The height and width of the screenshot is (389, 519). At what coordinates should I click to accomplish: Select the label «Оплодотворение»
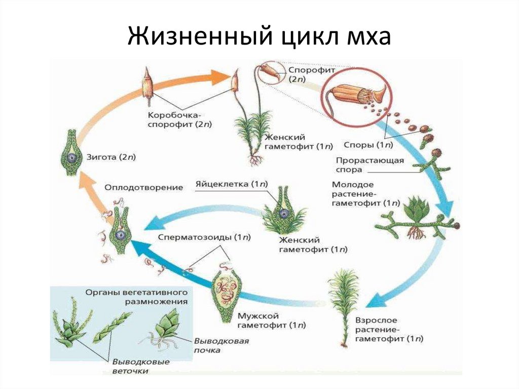point(143,187)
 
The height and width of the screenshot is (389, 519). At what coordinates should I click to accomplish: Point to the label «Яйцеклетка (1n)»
point(231,184)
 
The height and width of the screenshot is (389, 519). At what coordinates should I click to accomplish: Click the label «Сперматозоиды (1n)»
point(204,237)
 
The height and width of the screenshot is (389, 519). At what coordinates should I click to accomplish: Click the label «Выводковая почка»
point(221,345)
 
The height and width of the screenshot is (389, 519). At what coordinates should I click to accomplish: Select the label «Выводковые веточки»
point(141,366)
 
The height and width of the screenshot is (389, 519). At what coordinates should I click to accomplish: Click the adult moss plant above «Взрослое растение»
point(344,304)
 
